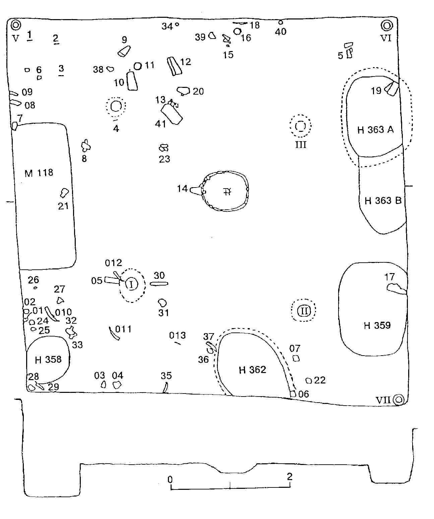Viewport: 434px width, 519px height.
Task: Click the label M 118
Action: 39,173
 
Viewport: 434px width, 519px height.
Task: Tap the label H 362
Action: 252,370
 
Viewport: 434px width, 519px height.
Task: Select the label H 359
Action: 377,325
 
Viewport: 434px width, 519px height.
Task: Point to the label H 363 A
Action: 375,130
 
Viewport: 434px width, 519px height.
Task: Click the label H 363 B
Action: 383,201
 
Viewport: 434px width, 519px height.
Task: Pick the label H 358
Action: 48,360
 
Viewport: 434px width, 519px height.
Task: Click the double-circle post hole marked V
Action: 16,25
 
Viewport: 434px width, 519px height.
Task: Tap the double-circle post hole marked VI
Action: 386,25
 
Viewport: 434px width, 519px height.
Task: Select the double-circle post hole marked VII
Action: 399,400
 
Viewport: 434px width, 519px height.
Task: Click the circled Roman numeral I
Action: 131,284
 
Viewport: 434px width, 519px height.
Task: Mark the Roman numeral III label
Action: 301,145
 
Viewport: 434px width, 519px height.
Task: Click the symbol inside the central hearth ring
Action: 227,192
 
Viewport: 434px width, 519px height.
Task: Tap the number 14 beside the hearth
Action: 182,189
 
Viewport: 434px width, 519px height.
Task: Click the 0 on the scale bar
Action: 170,479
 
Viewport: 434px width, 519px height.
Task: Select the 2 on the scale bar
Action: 290,476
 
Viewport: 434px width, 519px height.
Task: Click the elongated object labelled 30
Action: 159,284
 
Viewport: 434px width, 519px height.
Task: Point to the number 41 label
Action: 161,124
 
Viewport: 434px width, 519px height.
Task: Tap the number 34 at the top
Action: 167,26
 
